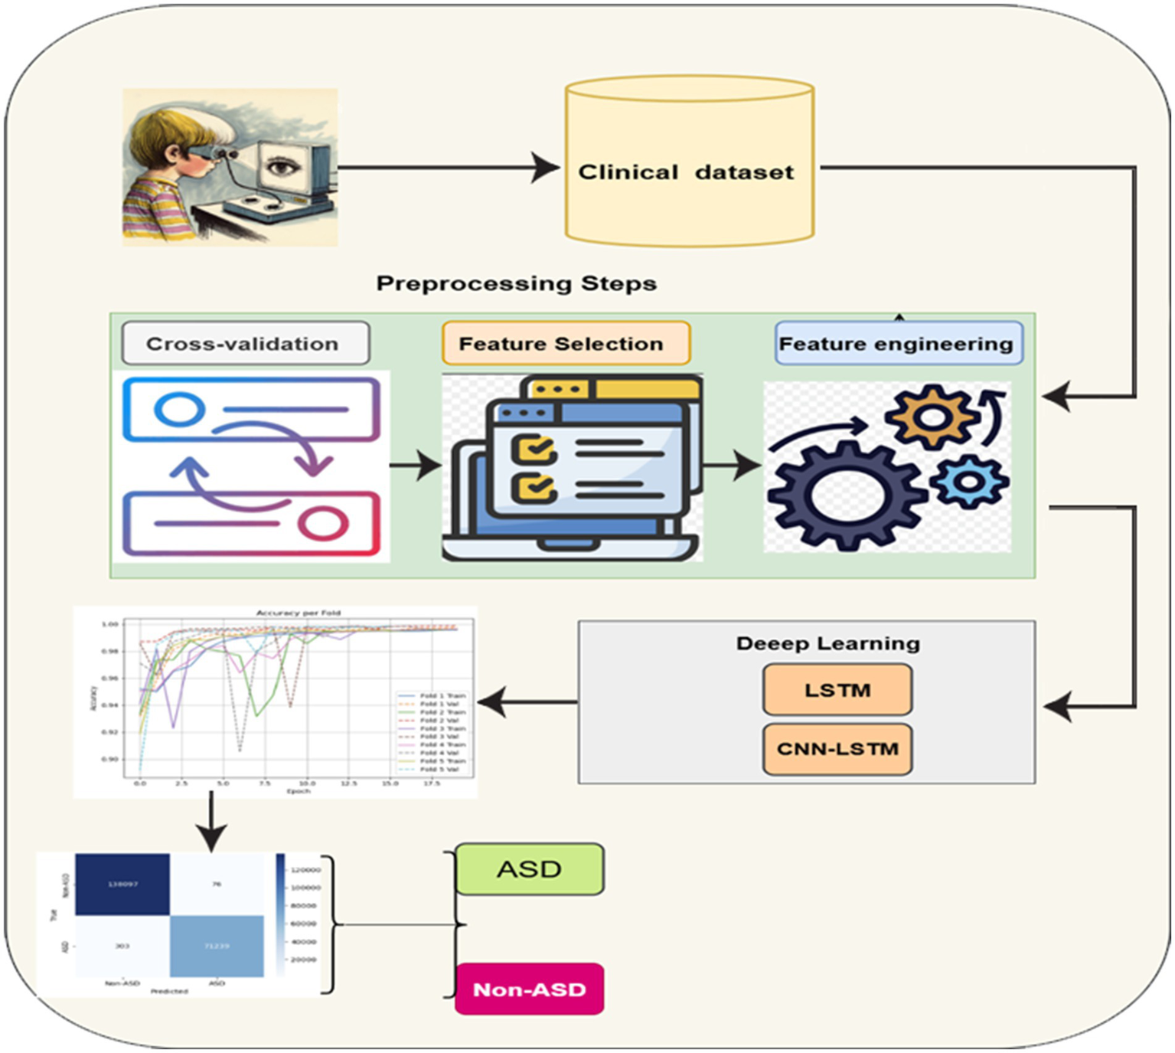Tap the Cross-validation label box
coord(245,344)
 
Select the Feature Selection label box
coord(566,344)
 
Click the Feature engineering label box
coord(898,344)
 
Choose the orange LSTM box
coord(837,690)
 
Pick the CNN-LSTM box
coord(837,749)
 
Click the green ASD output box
coord(529,869)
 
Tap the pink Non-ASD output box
coord(529,989)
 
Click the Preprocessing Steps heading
coord(516,283)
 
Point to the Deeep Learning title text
coord(827,643)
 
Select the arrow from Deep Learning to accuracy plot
coord(528,701)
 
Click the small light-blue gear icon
coord(969,481)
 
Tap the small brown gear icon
coord(930,417)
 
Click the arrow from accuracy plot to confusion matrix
coord(211,823)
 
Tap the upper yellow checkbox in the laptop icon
coord(534,447)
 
